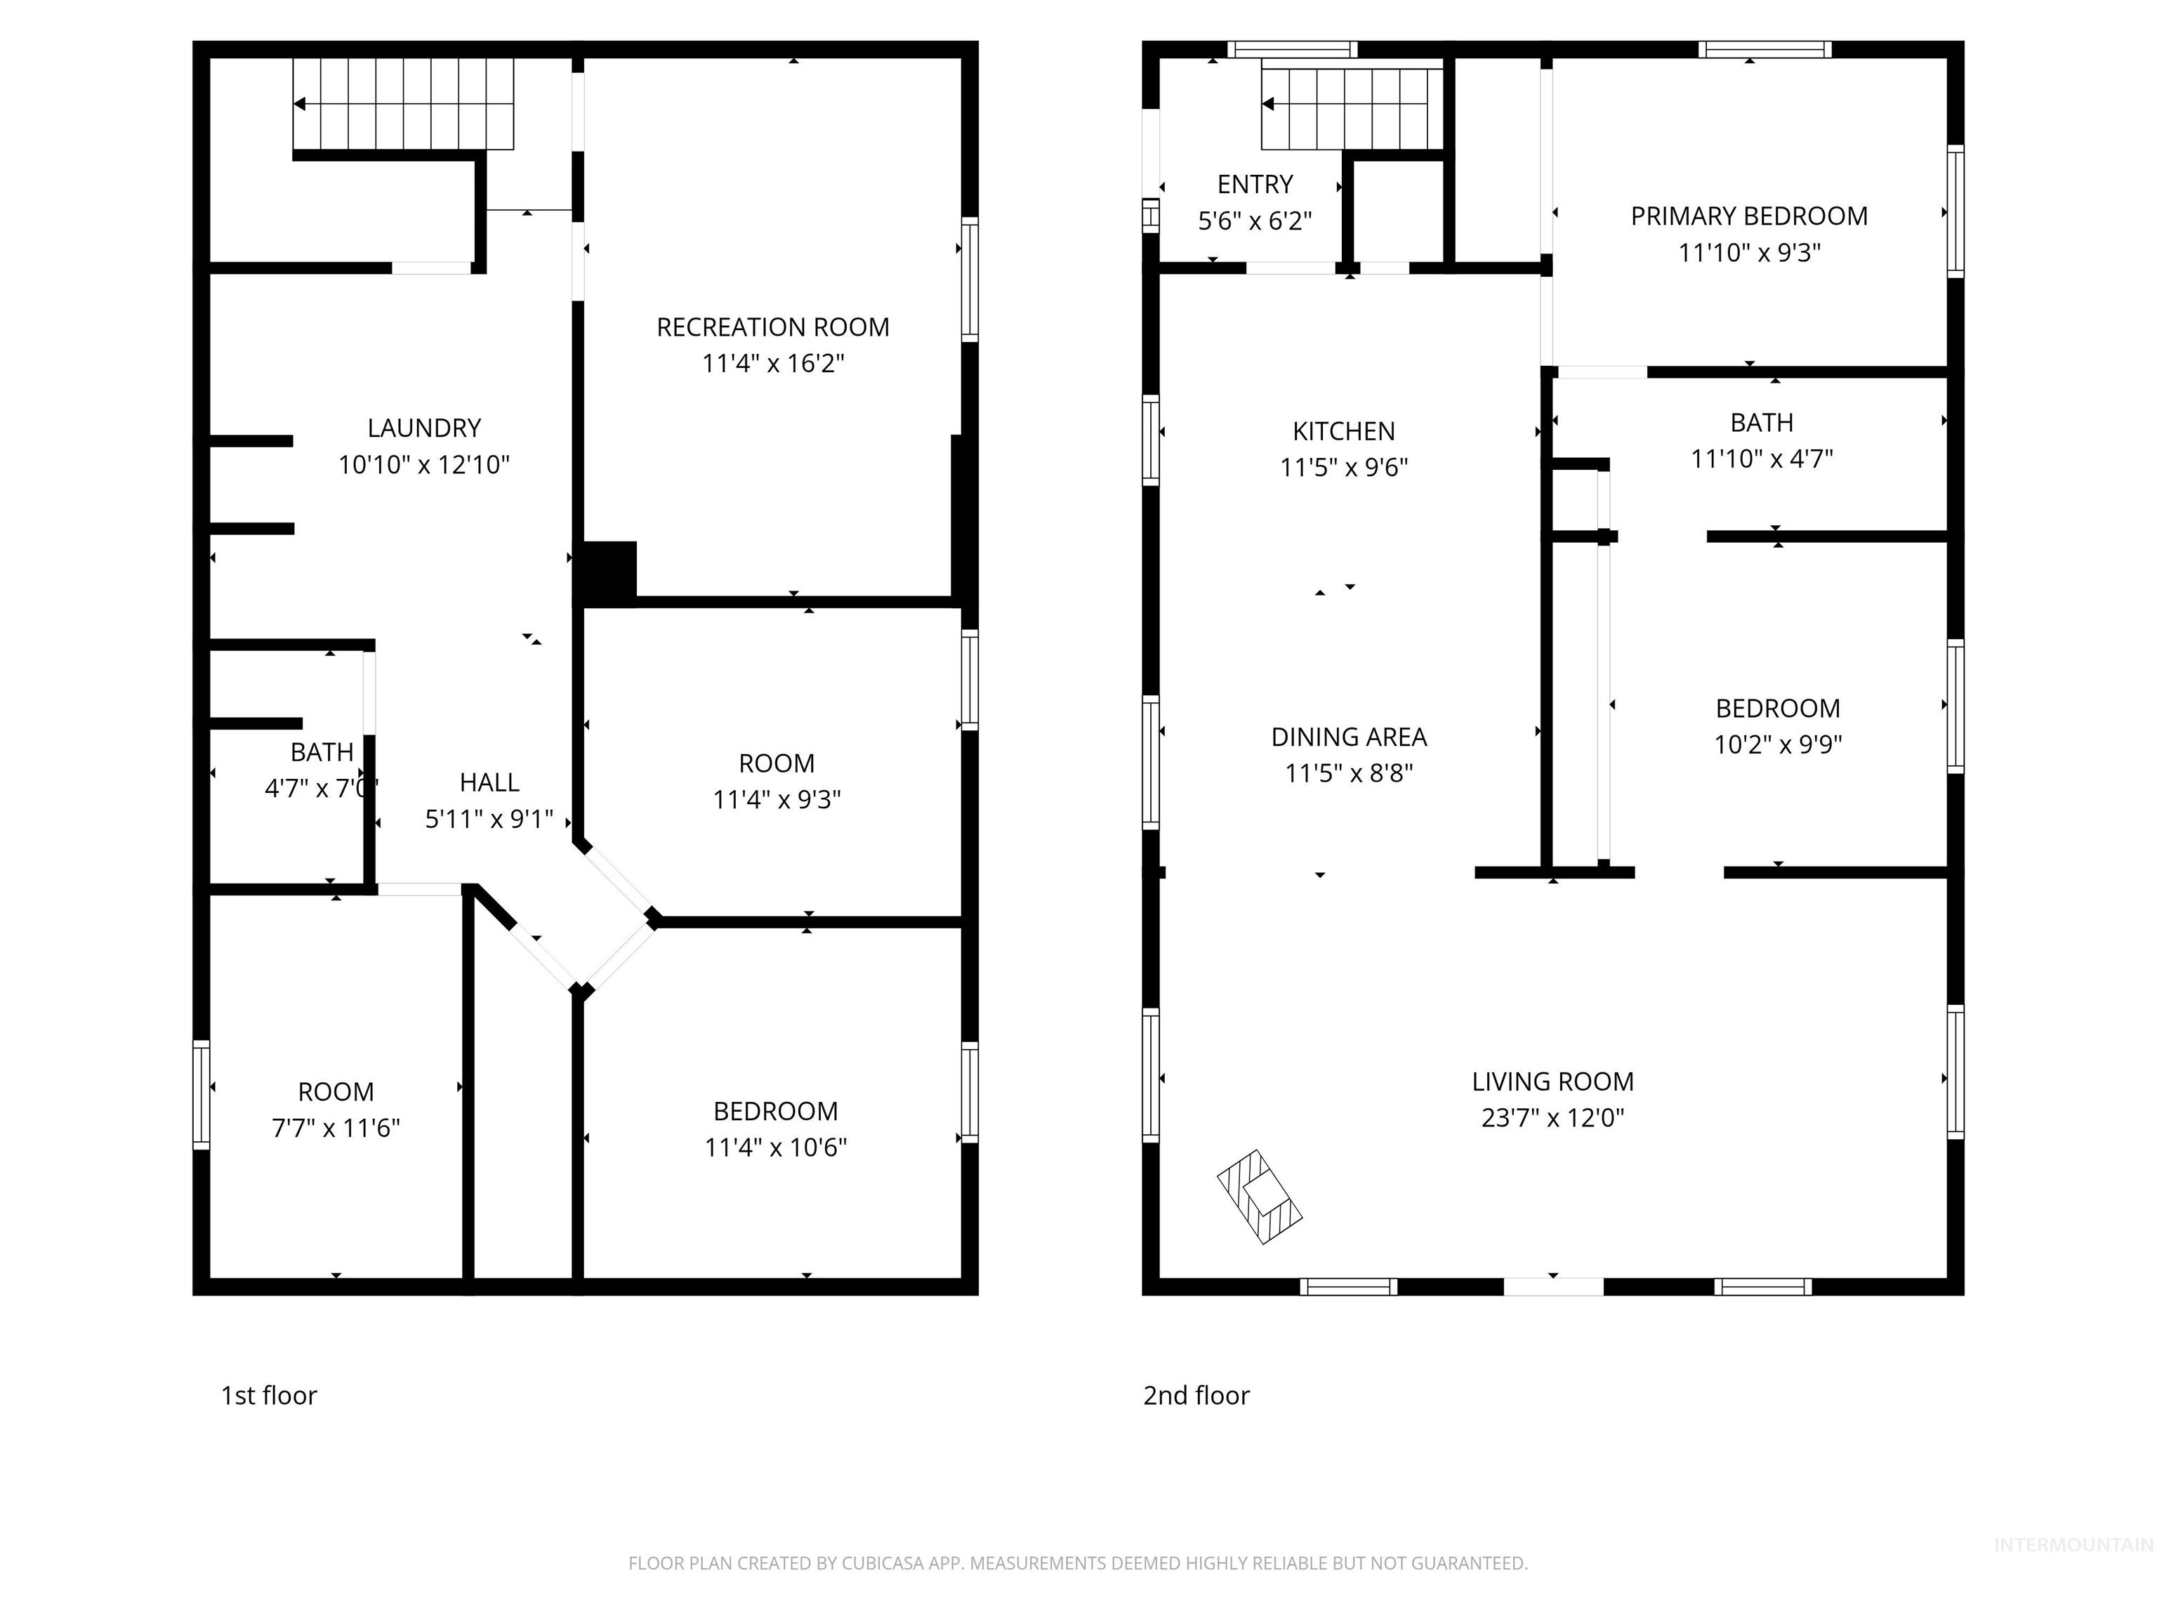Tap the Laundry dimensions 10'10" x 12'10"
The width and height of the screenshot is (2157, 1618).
click(x=423, y=464)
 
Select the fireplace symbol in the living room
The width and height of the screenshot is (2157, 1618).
click(x=1260, y=1197)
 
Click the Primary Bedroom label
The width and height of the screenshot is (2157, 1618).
click(x=1748, y=216)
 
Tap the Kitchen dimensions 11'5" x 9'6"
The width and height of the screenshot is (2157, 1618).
click(x=1344, y=467)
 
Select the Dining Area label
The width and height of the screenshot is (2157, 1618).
click(x=1349, y=737)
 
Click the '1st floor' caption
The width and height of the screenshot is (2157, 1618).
click(x=268, y=1395)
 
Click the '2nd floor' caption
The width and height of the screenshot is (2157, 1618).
click(x=1196, y=1395)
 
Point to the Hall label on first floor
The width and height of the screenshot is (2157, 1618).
click(x=489, y=782)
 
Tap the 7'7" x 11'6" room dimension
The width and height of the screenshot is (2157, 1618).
click(x=336, y=1127)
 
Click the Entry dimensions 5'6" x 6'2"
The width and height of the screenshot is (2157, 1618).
click(x=1254, y=221)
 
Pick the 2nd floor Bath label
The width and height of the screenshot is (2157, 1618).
click(x=1761, y=422)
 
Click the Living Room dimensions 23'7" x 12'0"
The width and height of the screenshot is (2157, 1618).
click(x=1552, y=1118)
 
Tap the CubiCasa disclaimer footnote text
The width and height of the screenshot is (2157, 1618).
click(x=1078, y=1563)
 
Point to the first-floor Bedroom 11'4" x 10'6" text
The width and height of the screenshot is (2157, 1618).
click(x=775, y=1147)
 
